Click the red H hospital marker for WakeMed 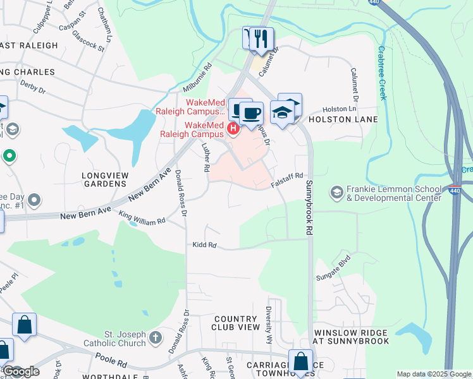tap(233, 129)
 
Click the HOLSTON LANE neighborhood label tap(343, 119)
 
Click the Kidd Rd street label tap(205, 244)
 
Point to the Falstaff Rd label tap(288, 179)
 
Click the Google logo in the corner tap(20, 371)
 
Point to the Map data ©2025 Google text tap(433, 374)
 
